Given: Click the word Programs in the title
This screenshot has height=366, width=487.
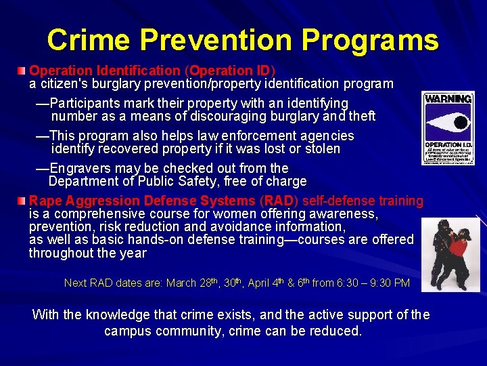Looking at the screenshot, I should click(x=370, y=41).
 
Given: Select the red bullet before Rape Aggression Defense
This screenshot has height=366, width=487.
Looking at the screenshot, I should click(x=23, y=201).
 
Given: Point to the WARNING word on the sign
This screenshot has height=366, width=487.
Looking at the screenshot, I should click(x=448, y=99).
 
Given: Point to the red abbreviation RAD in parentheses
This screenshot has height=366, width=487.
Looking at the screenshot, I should click(x=280, y=201).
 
